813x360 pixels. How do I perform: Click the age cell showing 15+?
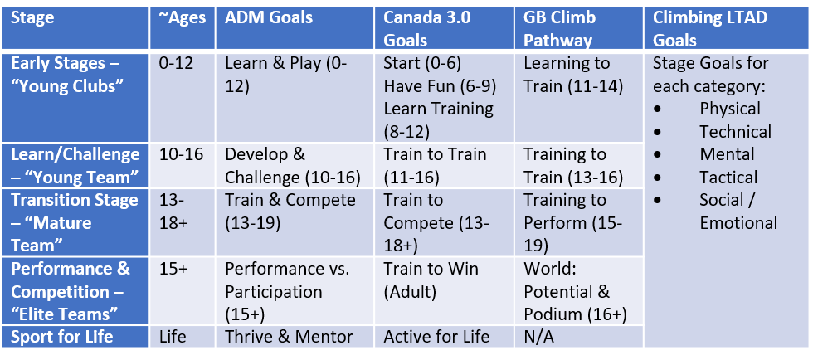tap(173, 269)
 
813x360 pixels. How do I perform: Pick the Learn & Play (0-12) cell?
tap(287, 74)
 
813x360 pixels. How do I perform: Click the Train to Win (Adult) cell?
tap(431, 280)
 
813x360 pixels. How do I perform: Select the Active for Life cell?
tap(436, 337)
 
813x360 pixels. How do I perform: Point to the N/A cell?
tap(538, 337)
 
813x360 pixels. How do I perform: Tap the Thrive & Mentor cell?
tap(289, 337)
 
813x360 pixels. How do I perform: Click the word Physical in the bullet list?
tap(730, 109)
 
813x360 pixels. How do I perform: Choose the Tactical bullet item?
tap(728, 178)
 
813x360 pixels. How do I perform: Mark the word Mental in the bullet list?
tap(727, 154)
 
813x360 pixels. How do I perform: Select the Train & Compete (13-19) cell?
tap(290, 212)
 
